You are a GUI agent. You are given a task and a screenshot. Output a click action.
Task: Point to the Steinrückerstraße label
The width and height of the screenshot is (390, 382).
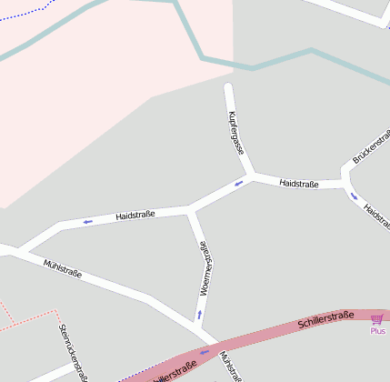(73, 351)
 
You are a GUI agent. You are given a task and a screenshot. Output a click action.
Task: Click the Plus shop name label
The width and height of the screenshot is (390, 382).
(377, 331)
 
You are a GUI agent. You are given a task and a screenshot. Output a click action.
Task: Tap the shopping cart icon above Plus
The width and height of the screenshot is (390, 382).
(376, 318)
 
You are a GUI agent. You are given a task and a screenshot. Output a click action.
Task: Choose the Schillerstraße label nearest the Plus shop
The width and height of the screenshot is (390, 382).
(325, 320)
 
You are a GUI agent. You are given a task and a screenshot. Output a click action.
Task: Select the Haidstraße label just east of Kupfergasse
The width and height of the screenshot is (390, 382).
(299, 184)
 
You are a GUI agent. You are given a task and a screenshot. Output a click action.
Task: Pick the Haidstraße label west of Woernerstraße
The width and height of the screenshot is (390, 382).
(135, 215)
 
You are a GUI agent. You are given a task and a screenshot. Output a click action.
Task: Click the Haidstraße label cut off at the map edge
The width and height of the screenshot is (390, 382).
(376, 215)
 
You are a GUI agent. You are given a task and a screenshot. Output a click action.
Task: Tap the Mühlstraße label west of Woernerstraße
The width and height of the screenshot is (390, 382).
(63, 269)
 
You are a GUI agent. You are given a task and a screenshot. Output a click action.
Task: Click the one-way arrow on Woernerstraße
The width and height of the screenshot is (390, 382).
(199, 316)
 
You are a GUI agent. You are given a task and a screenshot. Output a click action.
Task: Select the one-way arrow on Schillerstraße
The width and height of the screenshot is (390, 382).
(204, 352)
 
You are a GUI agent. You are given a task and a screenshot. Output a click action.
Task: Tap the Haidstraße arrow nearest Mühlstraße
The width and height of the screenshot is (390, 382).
(88, 221)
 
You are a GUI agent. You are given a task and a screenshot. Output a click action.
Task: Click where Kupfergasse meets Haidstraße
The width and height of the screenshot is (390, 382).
(250, 175)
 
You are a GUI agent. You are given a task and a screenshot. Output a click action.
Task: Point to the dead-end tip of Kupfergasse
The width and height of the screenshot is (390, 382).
(229, 88)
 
